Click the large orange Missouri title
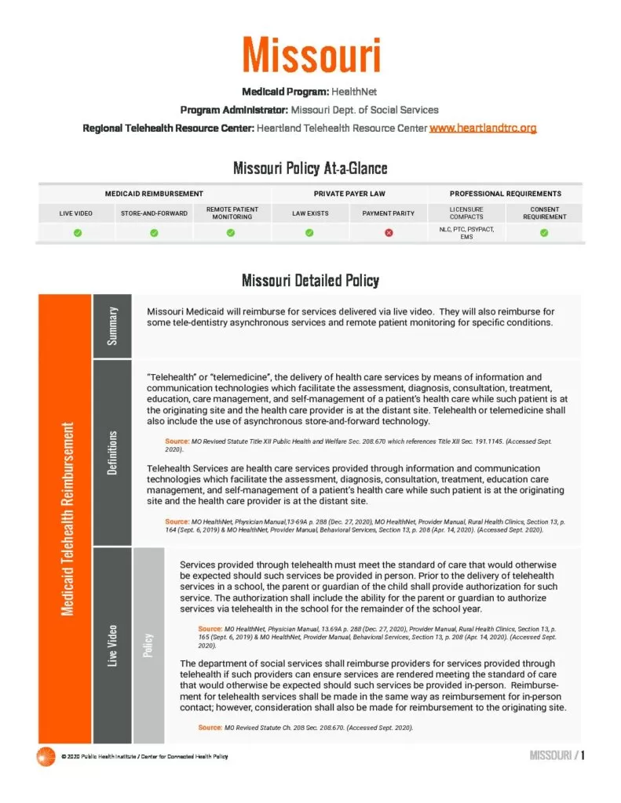(x=311, y=56)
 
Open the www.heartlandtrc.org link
(x=482, y=127)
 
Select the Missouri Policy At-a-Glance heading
(x=310, y=168)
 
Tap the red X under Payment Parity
(x=389, y=233)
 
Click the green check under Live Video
(x=76, y=233)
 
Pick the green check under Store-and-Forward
(x=154, y=233)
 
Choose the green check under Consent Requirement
(x=544, y=233)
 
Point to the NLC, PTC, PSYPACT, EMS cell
(x=466, y=233)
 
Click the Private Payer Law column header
(x=349, y=193)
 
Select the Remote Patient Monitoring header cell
(x=232, y=213)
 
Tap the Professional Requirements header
(x=505, y=193)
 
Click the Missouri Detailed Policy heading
(x=310, y=280)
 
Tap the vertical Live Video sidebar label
(x=113, y=645)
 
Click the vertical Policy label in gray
(x=148, y=645)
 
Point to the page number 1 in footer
(x=583, y=755)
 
